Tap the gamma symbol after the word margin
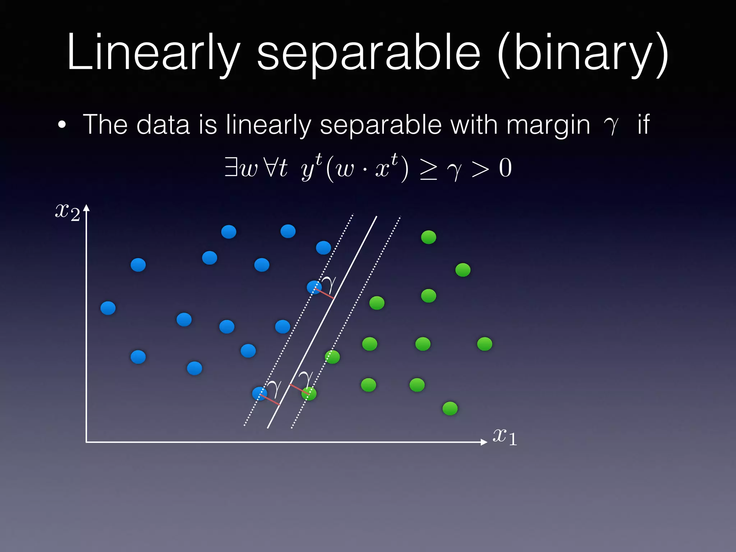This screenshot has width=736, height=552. click(x=611, y=126)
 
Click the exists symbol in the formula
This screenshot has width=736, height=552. click(x=230, y=167)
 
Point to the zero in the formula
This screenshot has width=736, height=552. click(x=505, y=168)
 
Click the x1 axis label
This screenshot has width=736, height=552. click(x=504, y=437)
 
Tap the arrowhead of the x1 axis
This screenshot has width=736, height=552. click(x=484, y=442)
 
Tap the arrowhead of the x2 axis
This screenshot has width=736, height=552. click(x=86, y=208)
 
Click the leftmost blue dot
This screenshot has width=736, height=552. click(x=108, y=308)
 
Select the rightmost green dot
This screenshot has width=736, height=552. click(x=484, y=344)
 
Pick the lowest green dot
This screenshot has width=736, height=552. click(x=450, y=409)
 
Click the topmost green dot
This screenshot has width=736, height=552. click(x=428, y=237)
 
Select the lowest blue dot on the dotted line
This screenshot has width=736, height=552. click(x=259, y=394)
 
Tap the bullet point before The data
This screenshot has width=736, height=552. click(x=62, y=125)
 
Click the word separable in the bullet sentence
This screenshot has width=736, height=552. click(x=381, y=125)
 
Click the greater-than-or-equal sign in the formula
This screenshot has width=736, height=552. click(x=428, y=169)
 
